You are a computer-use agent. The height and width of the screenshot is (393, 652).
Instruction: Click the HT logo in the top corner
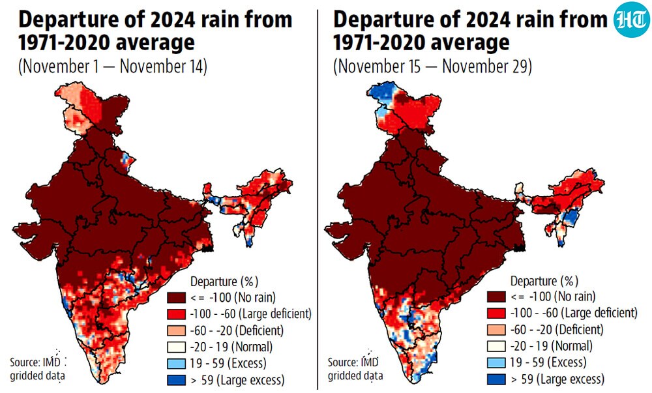coord(632,20)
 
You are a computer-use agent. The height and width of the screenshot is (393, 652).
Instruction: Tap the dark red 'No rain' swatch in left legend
coord(176,297)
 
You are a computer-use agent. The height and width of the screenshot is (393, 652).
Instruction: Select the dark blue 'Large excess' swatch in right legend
coord(496,379)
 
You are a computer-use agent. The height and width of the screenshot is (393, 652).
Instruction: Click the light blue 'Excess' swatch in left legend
coord(176,363)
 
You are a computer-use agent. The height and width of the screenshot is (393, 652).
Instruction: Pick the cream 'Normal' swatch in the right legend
coord(496,345)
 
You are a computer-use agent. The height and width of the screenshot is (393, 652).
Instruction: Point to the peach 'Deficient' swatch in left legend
coord(176,330)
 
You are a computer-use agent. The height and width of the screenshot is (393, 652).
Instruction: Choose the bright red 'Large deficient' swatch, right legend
coord(496,313)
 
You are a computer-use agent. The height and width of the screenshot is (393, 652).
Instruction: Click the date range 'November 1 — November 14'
coord(112,66)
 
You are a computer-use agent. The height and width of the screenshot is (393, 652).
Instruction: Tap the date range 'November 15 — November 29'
coord(432,66)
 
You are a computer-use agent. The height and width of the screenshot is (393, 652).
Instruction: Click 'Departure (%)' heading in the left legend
coord(224,282)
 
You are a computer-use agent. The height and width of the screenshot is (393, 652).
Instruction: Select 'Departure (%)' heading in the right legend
coord(544,282)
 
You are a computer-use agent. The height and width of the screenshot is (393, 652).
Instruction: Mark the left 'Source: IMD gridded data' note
coord(37,369)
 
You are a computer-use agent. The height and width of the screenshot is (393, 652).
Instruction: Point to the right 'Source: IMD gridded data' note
coord(355,369)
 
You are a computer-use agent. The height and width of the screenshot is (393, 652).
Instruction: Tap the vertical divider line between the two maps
coord(318,199)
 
